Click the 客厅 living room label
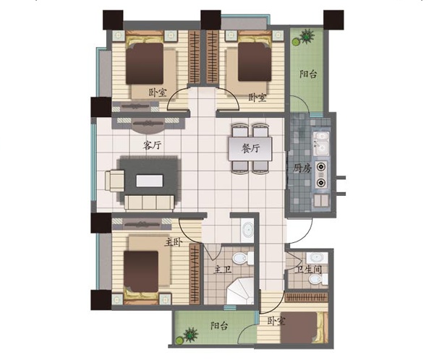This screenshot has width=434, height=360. pyautogui.click(x=152, y=145)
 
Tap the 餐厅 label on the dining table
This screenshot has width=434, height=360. pyautogui.click(x=250, y=149)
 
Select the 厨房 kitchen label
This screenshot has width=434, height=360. pyautogui.click(x=302, y=168)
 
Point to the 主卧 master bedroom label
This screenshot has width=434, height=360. pyautogui.click(x=173, y=242)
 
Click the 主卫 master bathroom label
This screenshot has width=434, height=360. pyautogui.click(x=222, y=270)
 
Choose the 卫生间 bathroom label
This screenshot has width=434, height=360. pyautogui.click(x=308, y=269)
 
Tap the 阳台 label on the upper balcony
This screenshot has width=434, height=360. pyautogui.click(x=308, y=74)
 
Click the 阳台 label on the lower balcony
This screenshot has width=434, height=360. pyautogui.click(x=219, y=325)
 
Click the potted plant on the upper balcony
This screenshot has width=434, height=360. pyautogui.click(x=304, y=37)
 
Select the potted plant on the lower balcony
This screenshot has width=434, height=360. pyautogui.click(x=188, y=335)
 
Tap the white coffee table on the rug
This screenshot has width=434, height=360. pyautogui.click(x=150, y=181)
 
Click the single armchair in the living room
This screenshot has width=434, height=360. pyautogui.click(x=114, y=181)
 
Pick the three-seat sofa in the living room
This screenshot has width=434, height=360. pyautogui.click(x=150, y=203)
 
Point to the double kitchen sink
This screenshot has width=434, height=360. pyautogui.click(x=321, y=143)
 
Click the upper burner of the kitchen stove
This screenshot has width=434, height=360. pyautogui.click(x=321, y=167)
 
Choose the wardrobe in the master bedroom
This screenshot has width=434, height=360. pyautogui.click(x=195, y=274)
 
